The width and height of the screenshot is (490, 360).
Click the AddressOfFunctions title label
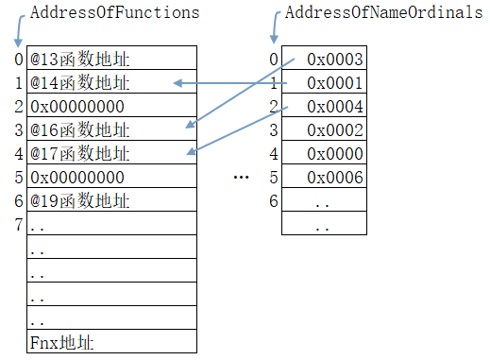[x=114, y=13]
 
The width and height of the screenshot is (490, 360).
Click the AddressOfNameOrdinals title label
[x=377, y=13]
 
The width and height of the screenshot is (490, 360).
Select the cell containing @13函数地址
[x=80, y=60]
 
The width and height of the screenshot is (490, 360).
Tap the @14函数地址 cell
[x=80, y=83]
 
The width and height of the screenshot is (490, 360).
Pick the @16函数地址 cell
[x=80, y=129]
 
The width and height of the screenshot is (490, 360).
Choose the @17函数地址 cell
[x=80, y=153]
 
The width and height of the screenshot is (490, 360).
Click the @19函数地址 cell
[x=80, y=200]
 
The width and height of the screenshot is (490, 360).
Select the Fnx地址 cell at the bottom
[x=62, y=341]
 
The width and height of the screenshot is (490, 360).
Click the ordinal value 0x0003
[x=335, y=60]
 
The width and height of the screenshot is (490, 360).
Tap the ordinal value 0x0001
[x=335, y=83]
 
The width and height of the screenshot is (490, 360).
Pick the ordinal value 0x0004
[x=335, y=106]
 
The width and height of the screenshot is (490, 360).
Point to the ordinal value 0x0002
[x=335, y=129]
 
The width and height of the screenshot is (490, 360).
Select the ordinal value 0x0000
[x=335, y=153]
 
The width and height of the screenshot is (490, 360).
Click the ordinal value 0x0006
[x=335, y=177]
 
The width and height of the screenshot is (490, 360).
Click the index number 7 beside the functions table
[x=19, y=224]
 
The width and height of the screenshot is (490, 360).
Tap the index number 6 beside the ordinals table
[x=274, y=200]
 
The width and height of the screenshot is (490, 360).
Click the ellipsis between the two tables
[x=240, y=178]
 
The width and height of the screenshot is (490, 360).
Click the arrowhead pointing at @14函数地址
[x=177, y=84]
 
